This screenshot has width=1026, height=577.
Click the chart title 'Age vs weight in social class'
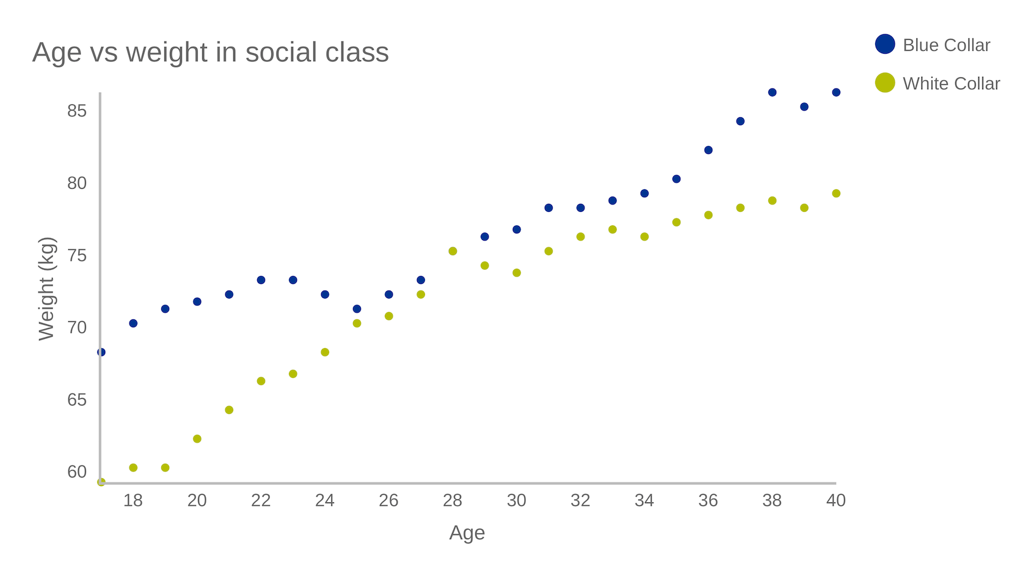pyautogui.click(x=210, y=53)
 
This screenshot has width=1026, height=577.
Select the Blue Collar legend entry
pyautogui.click(x=933, y=45)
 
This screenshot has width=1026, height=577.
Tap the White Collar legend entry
pyautogui.click(x=937, y=83)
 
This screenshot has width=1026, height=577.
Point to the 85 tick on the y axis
pyautogui.click(x=77, y=111)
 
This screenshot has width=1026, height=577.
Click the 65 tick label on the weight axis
pyautogui.click(x=77, y=400)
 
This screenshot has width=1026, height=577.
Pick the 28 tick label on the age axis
pyautogui.click(x=453, y=501)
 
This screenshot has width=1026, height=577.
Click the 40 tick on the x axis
pyautogui.click(x=835, y=501)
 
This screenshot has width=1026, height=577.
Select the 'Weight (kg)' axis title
pyautogui.click(x=46, y=289)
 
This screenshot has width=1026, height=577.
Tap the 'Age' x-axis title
pyautogui.click(x=467, y=533)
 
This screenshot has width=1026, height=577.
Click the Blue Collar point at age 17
pyautogui.click(x=101, y=352)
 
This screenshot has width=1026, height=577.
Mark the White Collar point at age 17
pyautogui.click(x=101, y=482)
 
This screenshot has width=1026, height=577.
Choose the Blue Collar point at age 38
pyautogui.click(x=772, y=93)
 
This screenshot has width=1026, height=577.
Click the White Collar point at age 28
pyautogui.click(x=453, y=251)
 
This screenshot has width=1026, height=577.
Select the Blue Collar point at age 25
pyautogui.click(x=357, y=309)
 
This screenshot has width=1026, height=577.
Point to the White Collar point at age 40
pyautogui.click(x=836, y=194)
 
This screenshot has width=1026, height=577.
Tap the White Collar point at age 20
pyautogui.click(x=197, y=439)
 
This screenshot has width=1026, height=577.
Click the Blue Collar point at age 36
pyautogui.click(x=708, y=150)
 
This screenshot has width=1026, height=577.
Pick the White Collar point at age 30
pyautogui.click(x=517, y=273)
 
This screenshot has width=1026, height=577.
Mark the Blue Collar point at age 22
pyautogui.click(x=261, y=280)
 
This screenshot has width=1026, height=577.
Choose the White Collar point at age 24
pyautogui.click(x=325, y=352)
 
